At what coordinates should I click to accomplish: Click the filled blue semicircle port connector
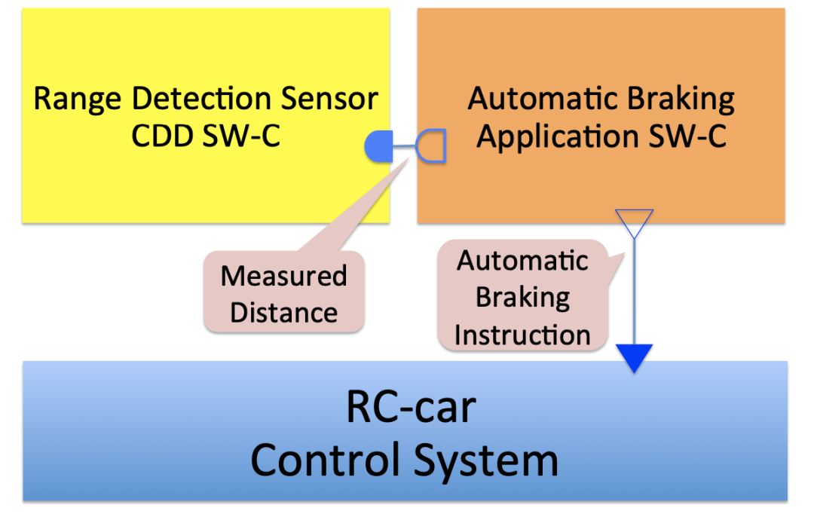click(379, 146)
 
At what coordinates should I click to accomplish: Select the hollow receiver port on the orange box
click(433, 146)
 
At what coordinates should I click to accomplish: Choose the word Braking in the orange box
click(683, 99)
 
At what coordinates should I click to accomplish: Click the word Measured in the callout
click(283, 276)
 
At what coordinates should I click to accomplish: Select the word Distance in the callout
click(283, 312)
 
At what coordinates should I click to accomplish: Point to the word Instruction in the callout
click(522, 335)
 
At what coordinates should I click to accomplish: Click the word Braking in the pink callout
click(522, 298)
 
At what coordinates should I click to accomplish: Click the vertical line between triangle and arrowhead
click(634, 294)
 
